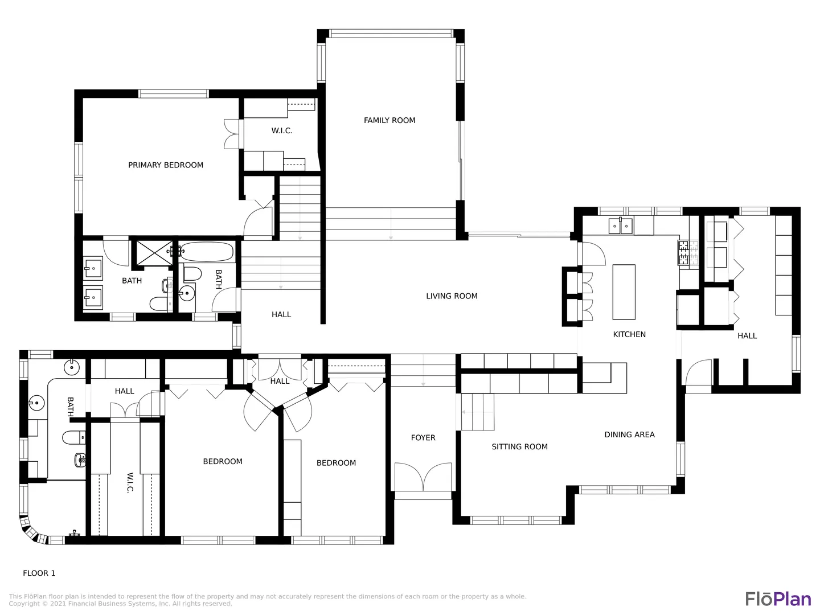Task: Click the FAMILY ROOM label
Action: pos(389,120)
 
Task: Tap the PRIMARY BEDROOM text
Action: pos(166,165)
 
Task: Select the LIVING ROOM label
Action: pos(452,296)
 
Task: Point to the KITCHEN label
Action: pos(629,334)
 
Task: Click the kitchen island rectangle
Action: pos(624,292)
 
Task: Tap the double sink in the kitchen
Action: pos(621,226)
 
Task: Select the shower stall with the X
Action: pos(154,253)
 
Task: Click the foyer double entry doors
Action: pos(423,477)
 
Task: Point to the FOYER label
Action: pos(423,438)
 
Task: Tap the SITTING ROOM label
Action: pos(519,446)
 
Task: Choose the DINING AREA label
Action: pos(629,434)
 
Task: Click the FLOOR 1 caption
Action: pos(39,573)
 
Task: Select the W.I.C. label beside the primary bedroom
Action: pos(282,131)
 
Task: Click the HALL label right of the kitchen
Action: pos(747,336)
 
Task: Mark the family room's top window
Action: pos(391,34)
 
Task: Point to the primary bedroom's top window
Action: pos(173,94)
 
